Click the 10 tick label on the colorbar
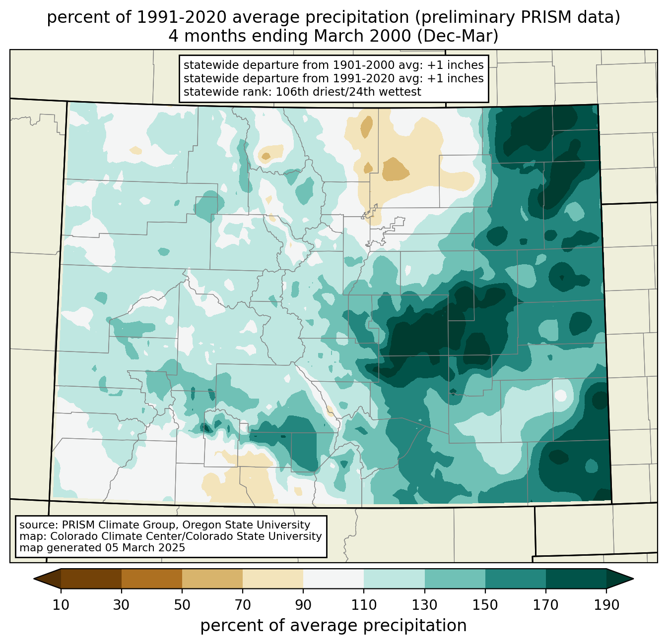61,605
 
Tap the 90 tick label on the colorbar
303,605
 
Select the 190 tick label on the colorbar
606,605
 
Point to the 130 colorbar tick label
424,605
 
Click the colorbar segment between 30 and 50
152,579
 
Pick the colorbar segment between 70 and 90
273,579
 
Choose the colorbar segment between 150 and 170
516,579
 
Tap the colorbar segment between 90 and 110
333,579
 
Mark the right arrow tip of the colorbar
632,579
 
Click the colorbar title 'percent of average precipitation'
333,626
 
